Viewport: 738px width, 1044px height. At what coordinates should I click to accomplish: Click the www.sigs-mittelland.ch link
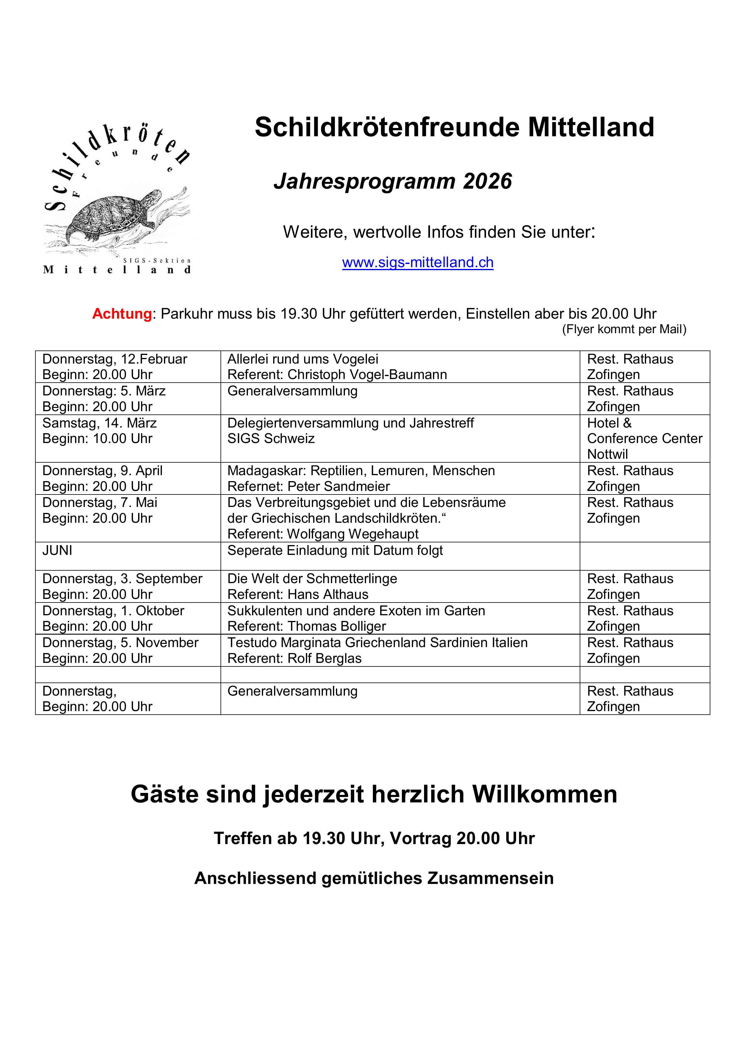pyautogui.click(x=418, y=262)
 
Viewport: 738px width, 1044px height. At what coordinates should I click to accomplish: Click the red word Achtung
pyautogui.click(x=122, y=314)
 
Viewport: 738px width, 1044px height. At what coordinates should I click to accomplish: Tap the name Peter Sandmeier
pyautogui.click(x=338, y=486)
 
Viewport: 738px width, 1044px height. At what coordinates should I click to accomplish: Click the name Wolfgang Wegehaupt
pyautogui.click(x=353, y=534)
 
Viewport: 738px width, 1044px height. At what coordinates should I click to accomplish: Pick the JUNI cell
pyautogui.click(x=57, y=551)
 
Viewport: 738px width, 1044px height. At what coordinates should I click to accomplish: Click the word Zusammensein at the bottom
pyautogui.click(x=490, y=878)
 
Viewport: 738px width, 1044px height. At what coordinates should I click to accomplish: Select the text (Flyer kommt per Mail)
pyautogui.click(x=624, y=329)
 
